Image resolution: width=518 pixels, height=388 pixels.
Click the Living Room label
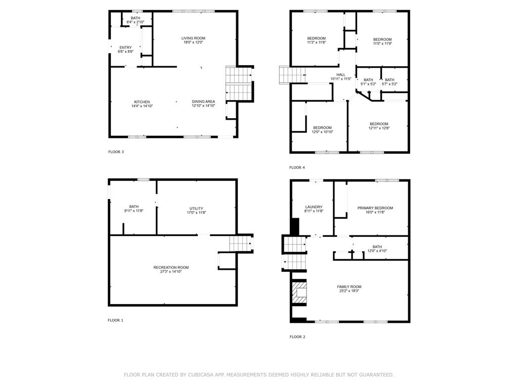tap(193, 38)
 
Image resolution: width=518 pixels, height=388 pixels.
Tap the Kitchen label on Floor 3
tap(142, 102)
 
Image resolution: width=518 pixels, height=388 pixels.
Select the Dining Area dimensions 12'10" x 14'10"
tap(203, 106)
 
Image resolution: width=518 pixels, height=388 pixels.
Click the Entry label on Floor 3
tap(125, 47)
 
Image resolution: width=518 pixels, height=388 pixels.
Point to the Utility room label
tap(196, 209)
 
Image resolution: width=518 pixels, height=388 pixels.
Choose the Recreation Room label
tap(171, 267)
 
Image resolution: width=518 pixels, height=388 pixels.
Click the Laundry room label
tap(314, 207)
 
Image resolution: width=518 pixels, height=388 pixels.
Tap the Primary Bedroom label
tap(375, 208)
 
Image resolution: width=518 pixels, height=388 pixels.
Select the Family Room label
tap(349, 287)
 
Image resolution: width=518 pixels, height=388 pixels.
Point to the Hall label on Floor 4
tap(341, 75)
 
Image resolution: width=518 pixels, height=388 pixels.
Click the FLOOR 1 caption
tap(115, 320)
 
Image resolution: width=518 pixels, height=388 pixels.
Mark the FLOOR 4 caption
tap(297, 168)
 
